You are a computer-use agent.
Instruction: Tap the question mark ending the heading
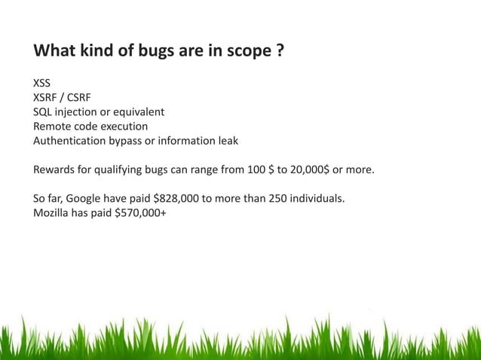click(x=279, y=53)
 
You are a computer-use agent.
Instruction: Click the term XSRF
click(x=47, y=99)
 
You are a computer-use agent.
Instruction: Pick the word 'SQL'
click(x=42, y=112)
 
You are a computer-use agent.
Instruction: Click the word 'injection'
click(x=79, y=112)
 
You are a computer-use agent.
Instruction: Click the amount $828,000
click(x=179, y=198)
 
